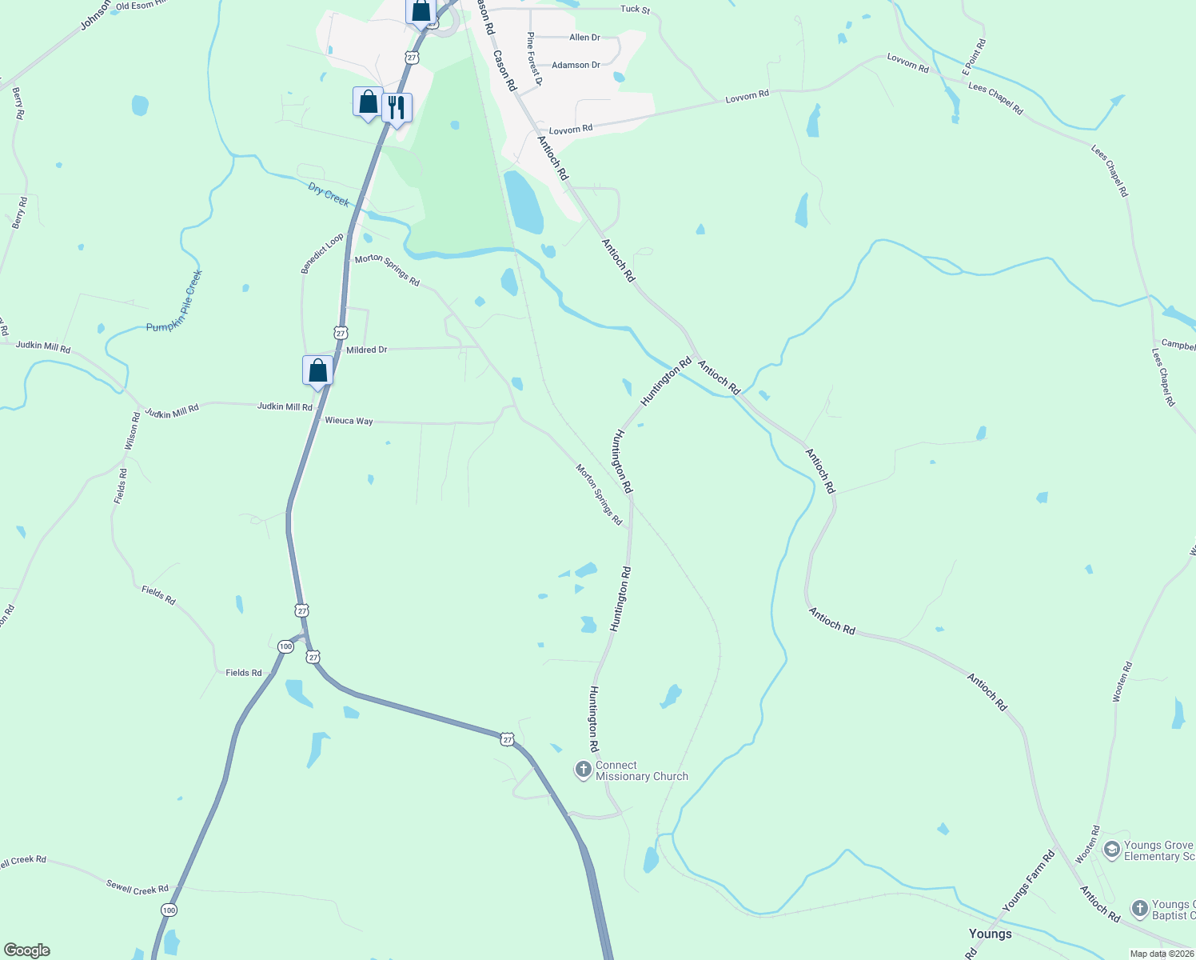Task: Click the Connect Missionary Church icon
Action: (x=584, y=770)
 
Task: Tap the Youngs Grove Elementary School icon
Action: (x=1111, y=850)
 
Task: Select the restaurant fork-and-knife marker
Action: (x=397, y=106)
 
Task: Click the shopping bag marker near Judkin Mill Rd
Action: (x=317, y=370)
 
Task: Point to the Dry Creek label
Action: (x=329, y=194)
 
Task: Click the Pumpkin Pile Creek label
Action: (x=174, y=302)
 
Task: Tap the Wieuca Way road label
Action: (x=349, y=421)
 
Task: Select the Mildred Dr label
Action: (x=366, y=350)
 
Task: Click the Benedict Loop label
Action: (x=322, y=254)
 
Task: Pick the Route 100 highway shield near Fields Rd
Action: (x=285, y=646)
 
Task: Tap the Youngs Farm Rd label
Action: (x=1028, y=881)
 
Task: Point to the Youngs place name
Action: (x=990, y=934)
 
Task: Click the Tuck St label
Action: (x=636, y=10)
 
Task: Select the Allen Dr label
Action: (x=584, y=38)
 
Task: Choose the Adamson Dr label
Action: (x=576, y=66)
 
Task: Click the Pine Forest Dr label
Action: (x=534, y=59)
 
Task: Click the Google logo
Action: (x=26, y=950)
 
